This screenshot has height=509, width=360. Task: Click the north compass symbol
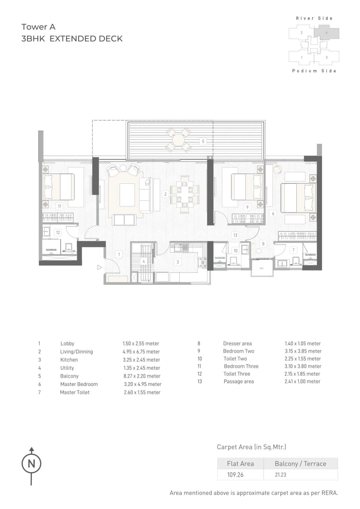pyautogui.click(x=31, y=463)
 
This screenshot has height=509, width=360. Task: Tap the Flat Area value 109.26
pyautogui.click(x=235, y=475)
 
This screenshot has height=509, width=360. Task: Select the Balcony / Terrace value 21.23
pyautogui.click(x=280, y=475)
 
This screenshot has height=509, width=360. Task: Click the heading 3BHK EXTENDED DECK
pyautogui.click(x=72, y=39)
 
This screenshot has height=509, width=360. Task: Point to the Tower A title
pyautogui.click(x=38, y=27)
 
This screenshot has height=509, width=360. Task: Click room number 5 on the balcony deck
pyautogui.click(x=203, y=141)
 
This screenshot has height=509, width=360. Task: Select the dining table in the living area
pyautogui.click(x=184, y=195)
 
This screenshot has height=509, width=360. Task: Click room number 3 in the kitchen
pyautogui.click(x=178, y=262)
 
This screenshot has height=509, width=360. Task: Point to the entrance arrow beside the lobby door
pyautogui.click(x=99, y=267)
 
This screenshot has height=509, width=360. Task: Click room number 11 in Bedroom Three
pyautogui.click(x=59, y=206)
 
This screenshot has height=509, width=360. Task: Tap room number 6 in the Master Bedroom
pyautogui.click(x=273, y=213)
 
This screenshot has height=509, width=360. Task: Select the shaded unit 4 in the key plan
pyautogui.click(x=326, y=33)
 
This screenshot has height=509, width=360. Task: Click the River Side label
pyautogui.click(x=314, y=18)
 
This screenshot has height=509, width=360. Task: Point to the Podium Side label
pyautogui.click(x=314, y=71)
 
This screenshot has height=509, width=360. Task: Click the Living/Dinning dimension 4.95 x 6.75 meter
pyautogui.click(x=141, y=352)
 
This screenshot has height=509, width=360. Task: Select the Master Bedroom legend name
pyautogui.click(x=79, y=384)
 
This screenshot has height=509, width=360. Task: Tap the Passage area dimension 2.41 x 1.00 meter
pyautogui.click(x=302, y=382)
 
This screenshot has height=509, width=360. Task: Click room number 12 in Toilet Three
pyautogui.click(x=58, y=232)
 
